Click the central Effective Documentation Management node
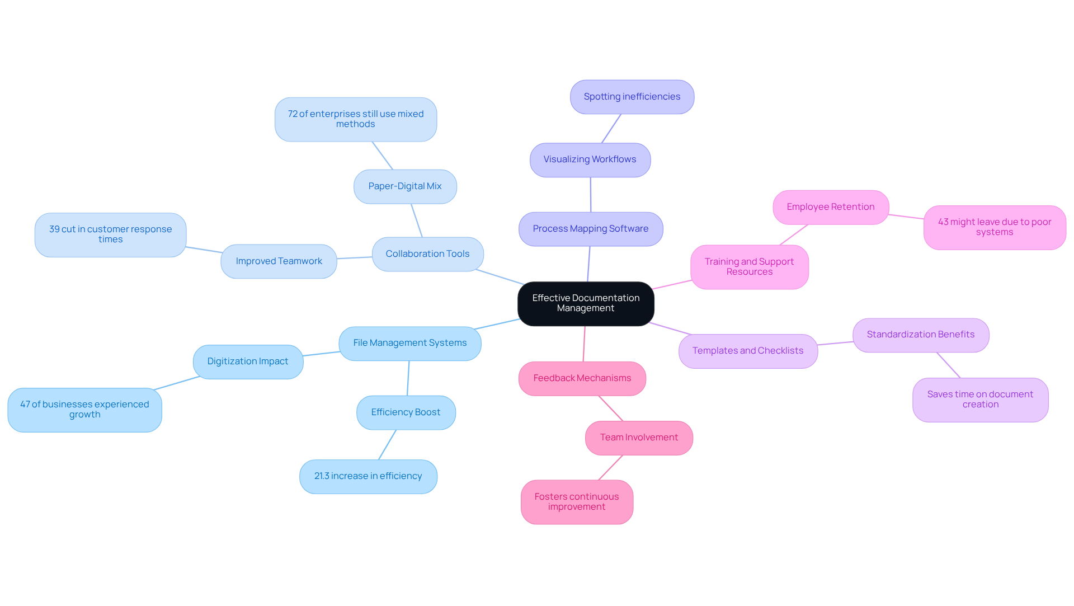586,303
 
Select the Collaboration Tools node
427,254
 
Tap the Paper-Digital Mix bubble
405,186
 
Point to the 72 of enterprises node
356,119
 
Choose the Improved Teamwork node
279,261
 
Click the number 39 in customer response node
54,229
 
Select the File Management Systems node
409,343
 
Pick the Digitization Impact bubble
248,361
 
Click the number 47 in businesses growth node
25,405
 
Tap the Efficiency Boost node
406,412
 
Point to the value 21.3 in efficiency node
322,476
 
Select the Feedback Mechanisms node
582,378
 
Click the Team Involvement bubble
639,438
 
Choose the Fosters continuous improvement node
577,501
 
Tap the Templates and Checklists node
748,351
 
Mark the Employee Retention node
831,207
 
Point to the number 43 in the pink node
943,222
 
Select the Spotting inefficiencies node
632,97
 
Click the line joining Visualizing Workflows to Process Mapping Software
591,195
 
